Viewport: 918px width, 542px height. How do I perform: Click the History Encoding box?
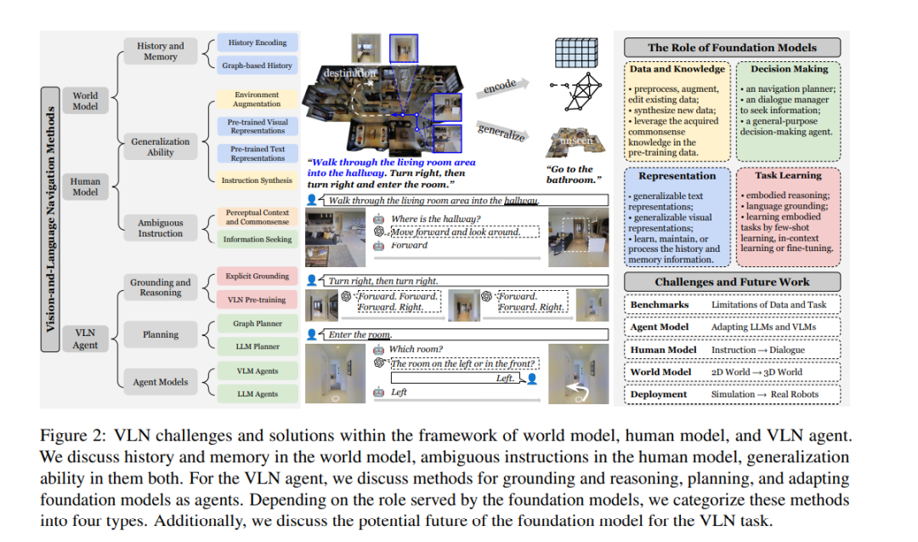(257, 43)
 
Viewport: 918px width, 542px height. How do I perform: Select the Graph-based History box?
(257, 66)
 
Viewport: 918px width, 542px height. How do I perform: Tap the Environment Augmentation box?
(257, 100)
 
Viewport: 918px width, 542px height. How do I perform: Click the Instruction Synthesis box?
(257, 180)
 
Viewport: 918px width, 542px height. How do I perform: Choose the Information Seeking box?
(257, 239)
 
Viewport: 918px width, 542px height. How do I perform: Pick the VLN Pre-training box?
(257, 299)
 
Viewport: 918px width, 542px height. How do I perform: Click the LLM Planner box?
(257, 346)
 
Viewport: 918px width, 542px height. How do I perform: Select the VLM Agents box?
(257, 371)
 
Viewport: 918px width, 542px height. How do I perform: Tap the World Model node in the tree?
(85, 101)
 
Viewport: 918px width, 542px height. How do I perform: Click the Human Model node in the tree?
(85, 186)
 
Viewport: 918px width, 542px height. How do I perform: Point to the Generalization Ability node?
(160, 146)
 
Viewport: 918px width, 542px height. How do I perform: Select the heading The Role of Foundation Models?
(732, 48)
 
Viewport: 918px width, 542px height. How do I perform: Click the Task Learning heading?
(787, 175)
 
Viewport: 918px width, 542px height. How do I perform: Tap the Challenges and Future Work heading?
(732, 282)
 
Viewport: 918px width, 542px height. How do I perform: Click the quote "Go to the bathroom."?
(569, 174)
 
